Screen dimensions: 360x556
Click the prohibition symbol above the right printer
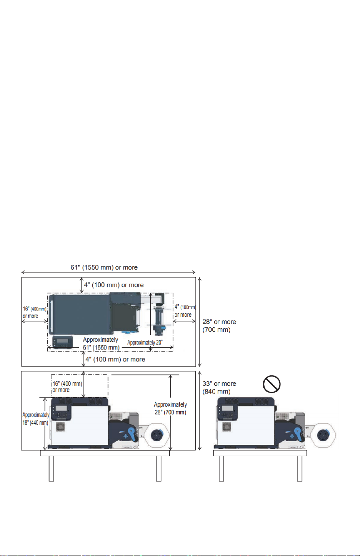[271, 386]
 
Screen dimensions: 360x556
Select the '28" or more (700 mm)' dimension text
[219, 326]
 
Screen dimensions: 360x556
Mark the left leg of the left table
[51, 468]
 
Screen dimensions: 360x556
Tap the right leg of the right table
[300, 468]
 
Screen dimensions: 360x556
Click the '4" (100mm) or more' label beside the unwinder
[185, 311]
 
